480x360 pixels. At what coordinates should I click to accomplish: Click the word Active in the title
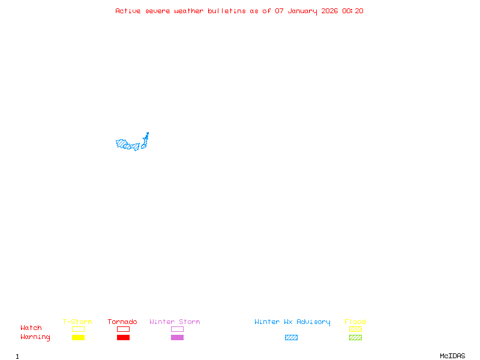point(128,11)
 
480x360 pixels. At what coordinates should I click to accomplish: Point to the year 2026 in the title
point(330,11)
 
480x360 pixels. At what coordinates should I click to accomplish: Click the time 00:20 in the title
point(353,11)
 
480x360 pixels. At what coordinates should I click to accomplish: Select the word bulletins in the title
point(227,11)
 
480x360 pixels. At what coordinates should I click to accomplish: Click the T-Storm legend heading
point(77,322)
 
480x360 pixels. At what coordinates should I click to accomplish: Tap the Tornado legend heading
point(122,322)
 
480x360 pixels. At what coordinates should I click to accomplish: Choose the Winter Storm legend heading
point(175,322)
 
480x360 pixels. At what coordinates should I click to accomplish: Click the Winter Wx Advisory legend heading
point(292,322)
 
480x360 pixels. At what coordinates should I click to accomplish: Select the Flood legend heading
point(355,322)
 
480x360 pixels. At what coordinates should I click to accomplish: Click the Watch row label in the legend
point(31,328)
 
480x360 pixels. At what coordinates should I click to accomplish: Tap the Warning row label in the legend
point(35,337)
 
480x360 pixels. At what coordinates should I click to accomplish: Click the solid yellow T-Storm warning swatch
point(78,338)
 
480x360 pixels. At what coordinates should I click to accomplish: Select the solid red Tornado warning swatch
point(123,338)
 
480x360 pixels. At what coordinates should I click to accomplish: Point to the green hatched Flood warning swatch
point(355,338)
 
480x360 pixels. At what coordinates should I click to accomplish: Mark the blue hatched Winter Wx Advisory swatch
point(291,338)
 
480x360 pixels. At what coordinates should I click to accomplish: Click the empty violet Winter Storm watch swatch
point(177,329)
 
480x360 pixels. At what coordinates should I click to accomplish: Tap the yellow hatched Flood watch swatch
point(355,329)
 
